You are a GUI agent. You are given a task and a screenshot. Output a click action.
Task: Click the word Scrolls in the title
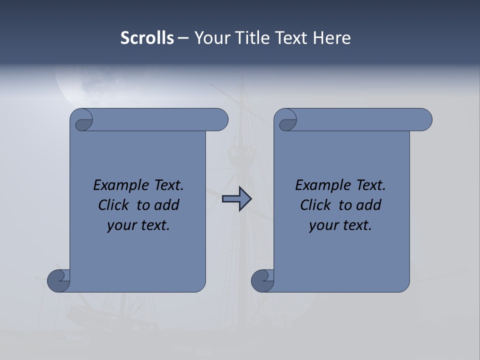tap(147, 38)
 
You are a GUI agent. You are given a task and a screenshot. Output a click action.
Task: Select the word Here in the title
tap(331, 38)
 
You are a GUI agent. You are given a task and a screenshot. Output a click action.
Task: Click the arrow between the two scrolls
tap(236, 199)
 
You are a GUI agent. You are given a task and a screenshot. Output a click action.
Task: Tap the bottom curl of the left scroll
tap(59, 280)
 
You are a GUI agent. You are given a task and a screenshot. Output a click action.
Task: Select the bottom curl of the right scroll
tap(263, 280)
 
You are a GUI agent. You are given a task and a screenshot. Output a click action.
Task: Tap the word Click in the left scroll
tap(115, 205)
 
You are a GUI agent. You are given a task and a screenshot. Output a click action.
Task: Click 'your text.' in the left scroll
tap(138, 225)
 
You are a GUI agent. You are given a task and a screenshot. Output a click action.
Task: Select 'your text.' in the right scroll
tap(340, 225)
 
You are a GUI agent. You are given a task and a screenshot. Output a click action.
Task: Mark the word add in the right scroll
tap(369, 205)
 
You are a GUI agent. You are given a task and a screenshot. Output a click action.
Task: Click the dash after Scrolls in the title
tap(183, 38)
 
